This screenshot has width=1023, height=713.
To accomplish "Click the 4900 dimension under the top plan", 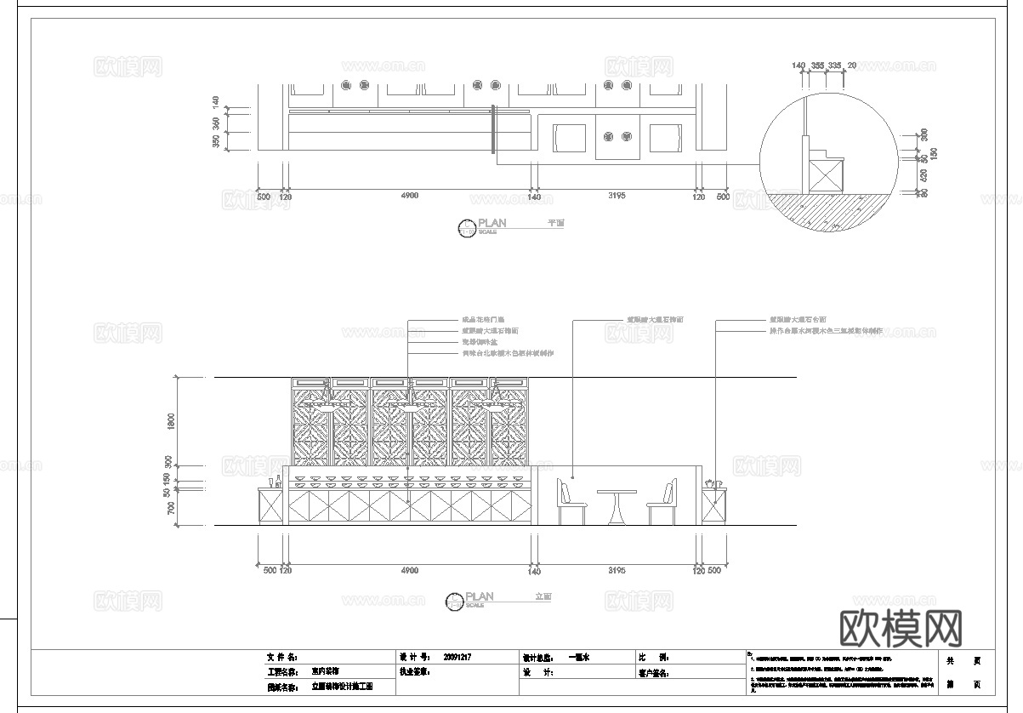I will (409, 197).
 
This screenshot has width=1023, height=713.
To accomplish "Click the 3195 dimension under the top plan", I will (617, 197).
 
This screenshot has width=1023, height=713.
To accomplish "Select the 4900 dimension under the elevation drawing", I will (409, 571).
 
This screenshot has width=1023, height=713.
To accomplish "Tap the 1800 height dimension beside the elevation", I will (171, 420).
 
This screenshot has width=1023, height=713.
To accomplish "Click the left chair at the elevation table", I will (570, 502).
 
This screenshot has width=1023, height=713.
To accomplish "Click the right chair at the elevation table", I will (663, 502).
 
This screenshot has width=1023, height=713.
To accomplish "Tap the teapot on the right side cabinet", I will (713, 483).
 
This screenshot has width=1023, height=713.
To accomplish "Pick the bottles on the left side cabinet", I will (275, 482).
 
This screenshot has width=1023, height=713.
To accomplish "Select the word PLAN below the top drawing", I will (492, 223).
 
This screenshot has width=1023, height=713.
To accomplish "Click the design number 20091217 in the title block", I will (458, 658).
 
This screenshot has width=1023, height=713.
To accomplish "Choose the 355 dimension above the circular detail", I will (817, 65).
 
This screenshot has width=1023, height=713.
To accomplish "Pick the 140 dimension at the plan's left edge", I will (215, 101).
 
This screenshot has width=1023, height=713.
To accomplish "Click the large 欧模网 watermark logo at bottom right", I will (901, 629).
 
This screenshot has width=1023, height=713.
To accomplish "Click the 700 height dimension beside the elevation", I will (171, 508).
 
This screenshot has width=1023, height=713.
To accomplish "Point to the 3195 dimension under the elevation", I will (617, 571).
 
